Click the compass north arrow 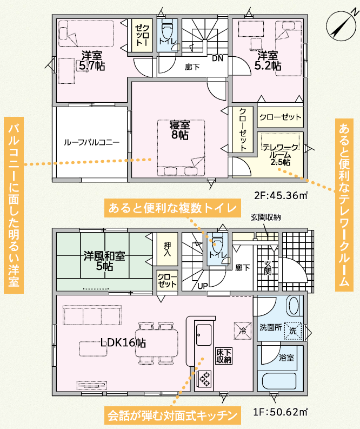point(341,26)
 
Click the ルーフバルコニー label point(91,142)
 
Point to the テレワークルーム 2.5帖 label point(280,155)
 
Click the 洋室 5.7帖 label point(91,61)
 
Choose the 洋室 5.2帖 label point(268,61)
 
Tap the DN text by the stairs point(218,58)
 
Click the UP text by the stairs point(203,286)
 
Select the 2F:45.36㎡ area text point(281,195)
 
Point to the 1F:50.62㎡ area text point(280,412)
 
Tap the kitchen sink point(204,335)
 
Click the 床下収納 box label point(224,355)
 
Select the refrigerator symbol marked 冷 point(243,331)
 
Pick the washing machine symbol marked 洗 point(293,331)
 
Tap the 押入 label point(167,249)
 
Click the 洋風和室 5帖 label point(104,261)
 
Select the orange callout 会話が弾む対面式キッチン point(172,415)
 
